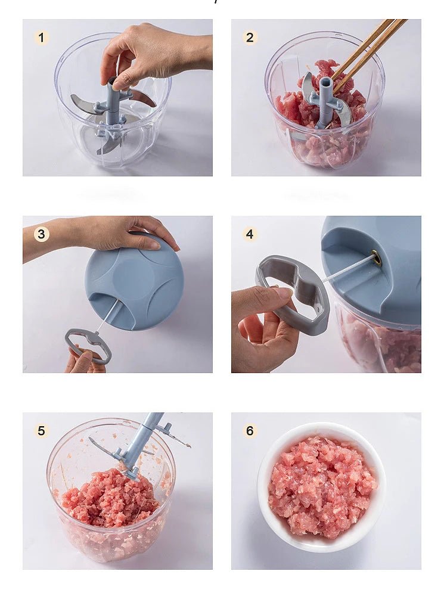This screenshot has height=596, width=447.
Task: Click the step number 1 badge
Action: click(x=41, y=38)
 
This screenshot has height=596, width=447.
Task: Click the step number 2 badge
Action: click(x=250, y=38)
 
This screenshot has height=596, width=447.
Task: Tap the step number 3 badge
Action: click(x=41, y=234)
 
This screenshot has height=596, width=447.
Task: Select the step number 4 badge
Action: click(x=250, y=234)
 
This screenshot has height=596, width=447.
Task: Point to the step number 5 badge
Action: click(x=41, y=430)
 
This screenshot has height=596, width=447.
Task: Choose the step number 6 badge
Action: click(x=250, y=430)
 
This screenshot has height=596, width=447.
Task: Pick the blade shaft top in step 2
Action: click(x=325, y=83)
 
